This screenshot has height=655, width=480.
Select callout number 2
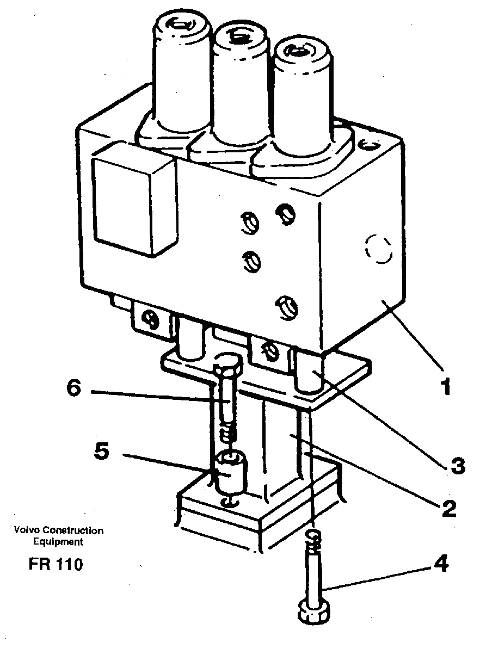coord(447,509)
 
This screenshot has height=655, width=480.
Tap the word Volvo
coord(26,530)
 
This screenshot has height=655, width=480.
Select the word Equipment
coord(58,541)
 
